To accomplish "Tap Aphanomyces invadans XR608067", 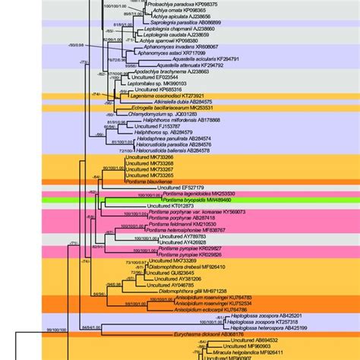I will pos(180,46).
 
